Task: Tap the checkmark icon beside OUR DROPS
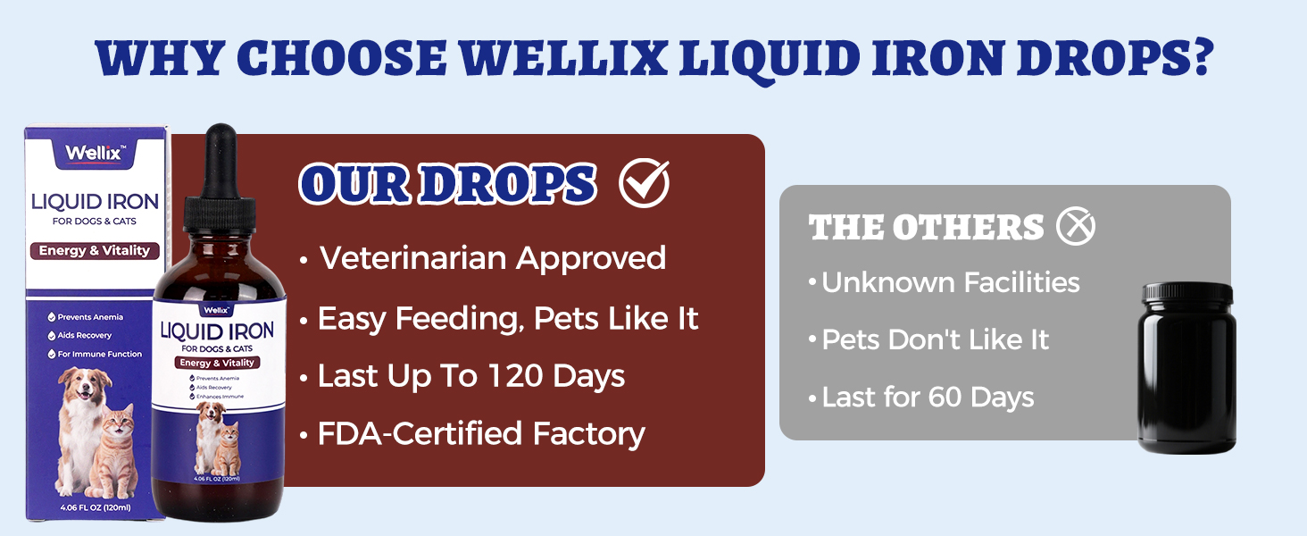click(x=644, y=183)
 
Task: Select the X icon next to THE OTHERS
click(x=1075, y=227)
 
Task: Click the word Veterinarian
click(x=413, y=258)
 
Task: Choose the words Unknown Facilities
click(x=951, y=282)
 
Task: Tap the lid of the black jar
click(x=1186, y=293)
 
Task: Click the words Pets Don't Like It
click(x=935, y=339)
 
